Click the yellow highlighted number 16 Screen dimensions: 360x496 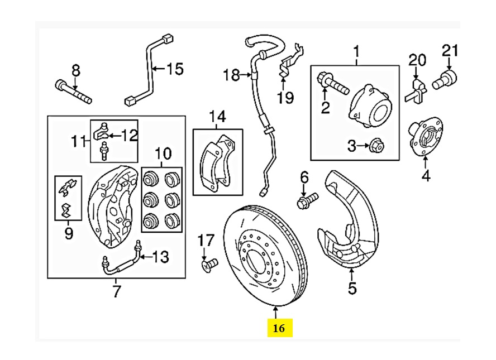point(279,328)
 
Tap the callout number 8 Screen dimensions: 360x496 point(75,70)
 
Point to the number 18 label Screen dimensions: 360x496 point(231,74)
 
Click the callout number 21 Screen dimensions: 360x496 point(450,51)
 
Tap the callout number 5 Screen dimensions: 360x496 point(351,289)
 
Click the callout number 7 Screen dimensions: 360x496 point(116,291)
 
